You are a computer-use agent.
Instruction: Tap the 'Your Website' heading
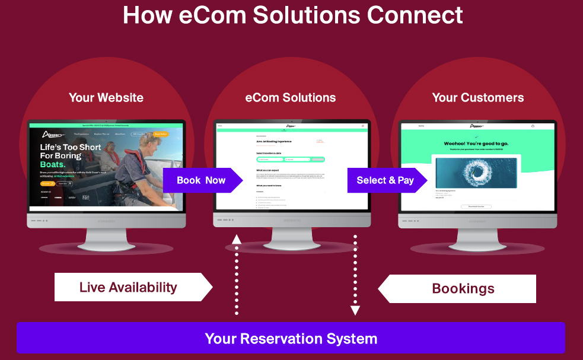click(106, 97)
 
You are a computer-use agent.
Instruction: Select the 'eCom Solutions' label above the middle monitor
click(291, 97)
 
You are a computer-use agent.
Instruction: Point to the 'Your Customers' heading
click(478, 97)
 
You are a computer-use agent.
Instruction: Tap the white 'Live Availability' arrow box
click(129, 288)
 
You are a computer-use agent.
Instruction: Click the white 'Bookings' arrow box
click(463, 289)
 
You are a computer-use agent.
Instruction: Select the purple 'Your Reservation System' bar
click(291, 339)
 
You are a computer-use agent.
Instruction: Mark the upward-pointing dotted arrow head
click(237, 238)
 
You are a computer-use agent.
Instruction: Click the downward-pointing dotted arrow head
click(355, 310)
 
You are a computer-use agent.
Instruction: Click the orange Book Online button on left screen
click(160, 135)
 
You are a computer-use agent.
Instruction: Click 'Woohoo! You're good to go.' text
click(476, 144)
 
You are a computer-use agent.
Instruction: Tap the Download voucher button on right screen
click(476, 206)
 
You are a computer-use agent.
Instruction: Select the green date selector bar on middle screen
click(291, 159)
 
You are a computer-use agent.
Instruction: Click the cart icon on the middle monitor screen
click(362, 126)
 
